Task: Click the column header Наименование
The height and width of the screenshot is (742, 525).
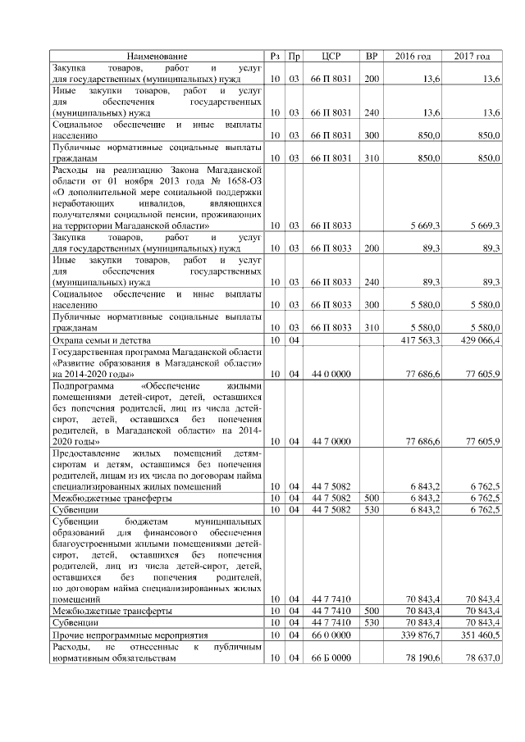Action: [x=156, y=56]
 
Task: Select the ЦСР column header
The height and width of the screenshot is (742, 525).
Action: [x=331, y=56]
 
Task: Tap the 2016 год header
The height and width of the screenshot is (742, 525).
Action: [x=413, y=56]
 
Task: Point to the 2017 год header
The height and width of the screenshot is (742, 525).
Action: [x=472, y=56]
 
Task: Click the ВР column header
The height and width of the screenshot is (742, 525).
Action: [x=372, y=56]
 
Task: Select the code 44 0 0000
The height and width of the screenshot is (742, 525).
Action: [x=331, y=373]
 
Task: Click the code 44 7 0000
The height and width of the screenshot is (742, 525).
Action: [x=331, y=441]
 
